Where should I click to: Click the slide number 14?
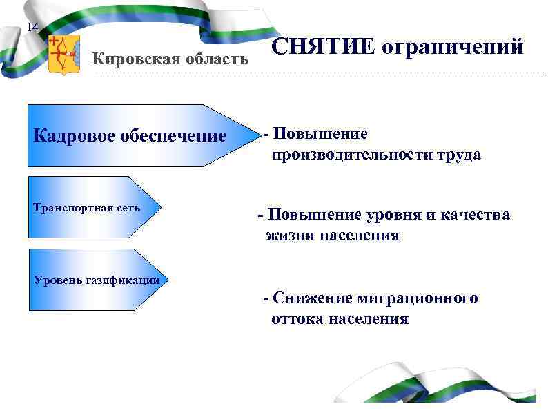[32, 28]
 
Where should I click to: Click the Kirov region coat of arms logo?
[65, 55]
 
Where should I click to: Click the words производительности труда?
[376, 155]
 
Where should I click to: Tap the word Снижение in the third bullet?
[313, 298]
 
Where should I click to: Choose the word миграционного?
[418, 298]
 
